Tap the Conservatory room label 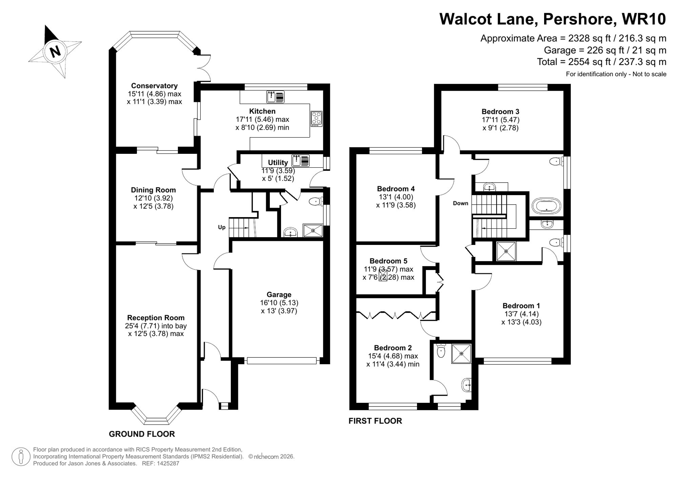(x=154, y=86)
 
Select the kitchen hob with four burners (x=316, y=119)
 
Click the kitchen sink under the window (x=275, y=97)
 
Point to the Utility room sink (x=300, y=161)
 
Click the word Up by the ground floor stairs (x=222, y=227)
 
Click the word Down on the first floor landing (x=460, y=203)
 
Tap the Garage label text (x=279, y=295)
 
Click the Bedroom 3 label (x=500, y=111)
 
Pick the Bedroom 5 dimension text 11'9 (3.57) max (x=388, y=269)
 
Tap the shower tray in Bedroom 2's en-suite (x=461, y=354)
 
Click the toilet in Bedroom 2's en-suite (x=441, y=351)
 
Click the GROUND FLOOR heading (x=142, y=434)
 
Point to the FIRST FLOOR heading (x=375, y=421)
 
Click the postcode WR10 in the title (x=644, y=19)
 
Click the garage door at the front (x=281, y=361)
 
